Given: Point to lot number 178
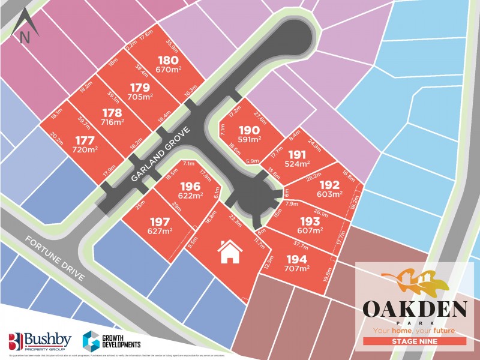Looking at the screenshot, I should tap(112, 113).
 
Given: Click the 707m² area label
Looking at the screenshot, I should tap(297, 269).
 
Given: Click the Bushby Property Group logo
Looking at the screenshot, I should tap(38, 341).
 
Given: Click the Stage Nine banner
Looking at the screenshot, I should tap(415, 341).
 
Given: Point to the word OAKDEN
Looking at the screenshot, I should tap(415, 310).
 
